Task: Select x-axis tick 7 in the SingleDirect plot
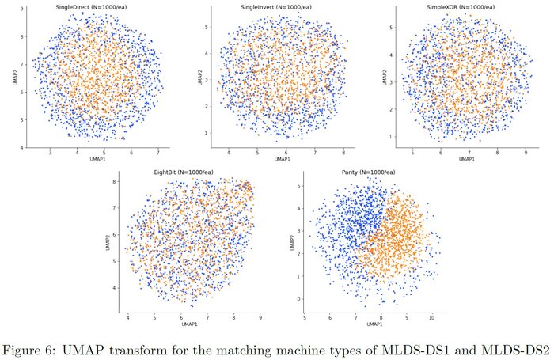tap(157, 152)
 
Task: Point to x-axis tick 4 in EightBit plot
tap(129, 318)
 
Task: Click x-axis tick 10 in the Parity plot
tap(431, 318)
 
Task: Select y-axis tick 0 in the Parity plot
tap(298, 299)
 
